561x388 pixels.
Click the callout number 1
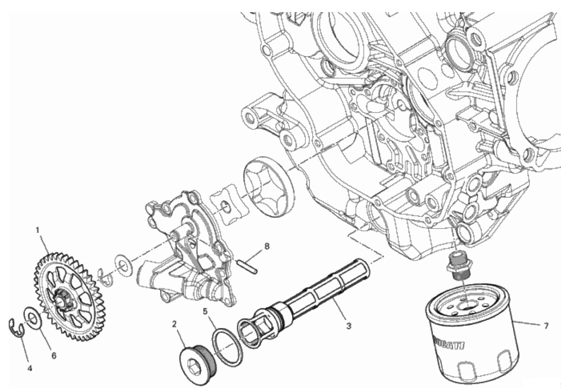tap(37, 230)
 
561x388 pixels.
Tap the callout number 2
tap(174, 324)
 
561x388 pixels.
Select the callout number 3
tap(349, 326)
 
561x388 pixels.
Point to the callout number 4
tap(30, 368)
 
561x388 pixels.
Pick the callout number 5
tap(205, 311)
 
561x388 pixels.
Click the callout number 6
tap(54, 356)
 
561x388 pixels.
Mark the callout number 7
tap(546, 326)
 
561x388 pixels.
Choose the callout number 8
tap(267, 246)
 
